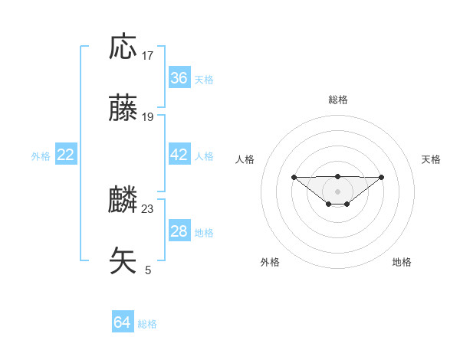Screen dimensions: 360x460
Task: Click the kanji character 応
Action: click(123, 47)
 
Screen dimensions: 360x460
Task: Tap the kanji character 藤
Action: click(123, 109)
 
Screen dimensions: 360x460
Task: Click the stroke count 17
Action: click(148, 56)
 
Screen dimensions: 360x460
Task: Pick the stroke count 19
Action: click(148, 117)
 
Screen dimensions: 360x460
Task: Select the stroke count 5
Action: click(148, 270)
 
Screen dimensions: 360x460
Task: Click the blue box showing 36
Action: click(179, 78)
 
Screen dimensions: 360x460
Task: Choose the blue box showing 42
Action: click(179, 155)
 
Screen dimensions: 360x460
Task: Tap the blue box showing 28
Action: click(179, 231)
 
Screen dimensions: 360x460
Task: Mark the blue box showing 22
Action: click(66, 155)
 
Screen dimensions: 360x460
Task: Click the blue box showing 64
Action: click(122, 322)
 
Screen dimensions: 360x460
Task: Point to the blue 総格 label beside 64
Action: click(147, 324)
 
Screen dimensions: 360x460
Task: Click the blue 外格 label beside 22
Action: click(41, 156)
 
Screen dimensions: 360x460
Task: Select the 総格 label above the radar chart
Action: click(337, 100)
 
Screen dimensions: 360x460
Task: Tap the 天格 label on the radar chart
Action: click(431, 159)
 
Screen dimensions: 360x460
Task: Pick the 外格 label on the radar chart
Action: click(270, 262)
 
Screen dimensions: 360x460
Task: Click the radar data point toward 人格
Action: click(294, 177)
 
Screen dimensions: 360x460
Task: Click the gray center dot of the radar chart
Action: click(337, 191)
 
